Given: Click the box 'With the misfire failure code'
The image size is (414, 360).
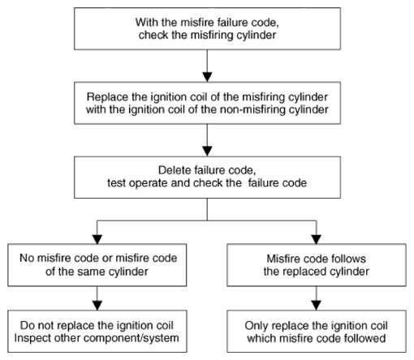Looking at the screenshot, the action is (x=207, y=28).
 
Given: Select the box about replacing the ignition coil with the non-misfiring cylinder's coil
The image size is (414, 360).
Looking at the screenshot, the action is (x=207, y=103).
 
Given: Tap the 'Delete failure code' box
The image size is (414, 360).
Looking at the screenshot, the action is (x=207, y=178).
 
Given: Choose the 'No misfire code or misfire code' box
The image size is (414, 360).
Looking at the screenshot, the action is (x=97, y=265).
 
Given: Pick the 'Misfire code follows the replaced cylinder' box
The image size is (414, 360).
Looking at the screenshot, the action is (x=317, y=265).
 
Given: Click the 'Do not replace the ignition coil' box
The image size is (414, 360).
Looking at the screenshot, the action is (x=97, y=332).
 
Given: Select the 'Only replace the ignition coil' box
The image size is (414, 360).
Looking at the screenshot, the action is (x=317, y=332).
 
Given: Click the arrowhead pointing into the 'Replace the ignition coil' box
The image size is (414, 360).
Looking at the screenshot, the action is (x=207, y=77).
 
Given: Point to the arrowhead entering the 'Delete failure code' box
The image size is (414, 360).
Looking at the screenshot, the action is (x=207, y=152).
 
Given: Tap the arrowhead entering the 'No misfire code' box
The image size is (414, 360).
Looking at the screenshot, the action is (x=97, y=239).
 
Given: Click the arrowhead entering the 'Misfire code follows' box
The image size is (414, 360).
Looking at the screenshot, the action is (x=317, y=239).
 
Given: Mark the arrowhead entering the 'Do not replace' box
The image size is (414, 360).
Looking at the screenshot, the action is (x=97, y=306).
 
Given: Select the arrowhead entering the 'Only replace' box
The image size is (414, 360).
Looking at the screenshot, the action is (x=317, y=306).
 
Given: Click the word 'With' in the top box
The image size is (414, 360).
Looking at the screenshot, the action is (x=147, y=22).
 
